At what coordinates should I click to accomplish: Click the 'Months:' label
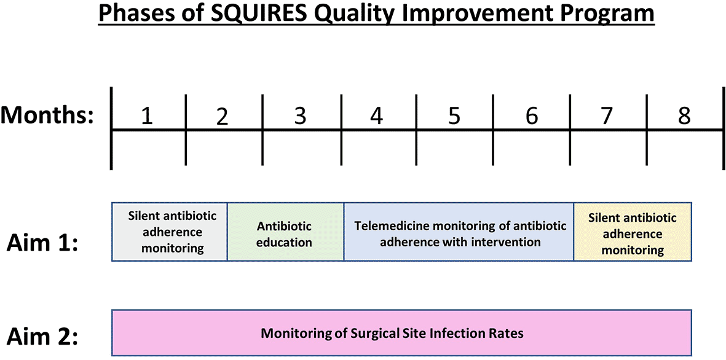click(x=47, y=115)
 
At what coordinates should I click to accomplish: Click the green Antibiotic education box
click(x=286, y=232)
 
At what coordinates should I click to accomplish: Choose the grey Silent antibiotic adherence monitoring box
click(x=170, y=232)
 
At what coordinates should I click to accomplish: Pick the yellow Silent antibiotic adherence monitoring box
click(x=633, y=232)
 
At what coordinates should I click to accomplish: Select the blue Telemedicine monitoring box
click(x=459, y=232)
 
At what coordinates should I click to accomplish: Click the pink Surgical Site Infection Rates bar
click(x=401, y=333)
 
